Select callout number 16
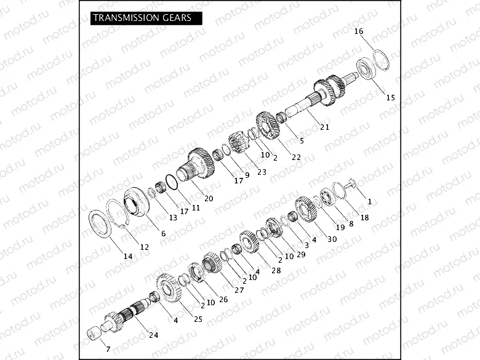tap(359, 31)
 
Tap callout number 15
tap(391, 97)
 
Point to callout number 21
tap(324, 127)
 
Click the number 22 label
tap(296, 157)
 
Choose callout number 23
tap(262, 172)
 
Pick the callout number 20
tap(209, 198)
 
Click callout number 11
tap(196, 207)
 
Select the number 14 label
tap(127, 256)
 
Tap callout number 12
tap(145, 247)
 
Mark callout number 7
tap(100, 349)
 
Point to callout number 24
tap(153, 335)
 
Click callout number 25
tap(198, 319)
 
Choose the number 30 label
tap(332, 239)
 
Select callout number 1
tap(370, 201)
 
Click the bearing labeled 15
tap(367, 69)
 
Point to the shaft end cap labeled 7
tap(94, 334)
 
